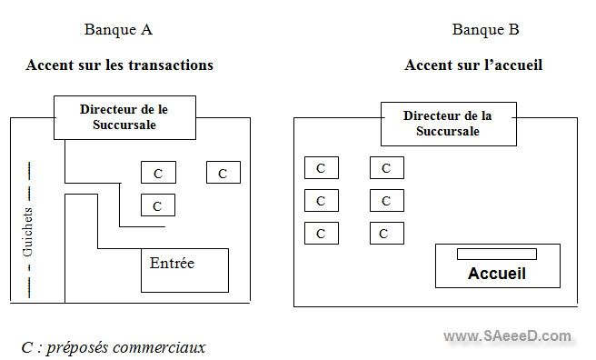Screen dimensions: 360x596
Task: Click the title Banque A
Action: coord(118,30)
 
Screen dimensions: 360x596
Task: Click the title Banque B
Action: coord(486,30)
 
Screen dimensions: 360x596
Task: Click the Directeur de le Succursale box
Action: coord(124,116)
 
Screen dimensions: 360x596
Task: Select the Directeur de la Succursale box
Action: coord(448,124)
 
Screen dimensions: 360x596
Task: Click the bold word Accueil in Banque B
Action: coord(497,273)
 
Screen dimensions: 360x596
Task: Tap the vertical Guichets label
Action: coord(28,234)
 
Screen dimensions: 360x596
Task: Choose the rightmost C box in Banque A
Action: coord(223,173)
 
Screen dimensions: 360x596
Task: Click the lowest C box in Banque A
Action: coord(158,205)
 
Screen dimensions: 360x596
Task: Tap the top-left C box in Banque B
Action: coord(321,168)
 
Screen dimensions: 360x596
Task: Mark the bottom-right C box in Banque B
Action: coord(386,234)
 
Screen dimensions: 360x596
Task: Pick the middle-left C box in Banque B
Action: coord(321,201)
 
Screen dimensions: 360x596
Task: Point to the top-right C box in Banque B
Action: coord(386,168)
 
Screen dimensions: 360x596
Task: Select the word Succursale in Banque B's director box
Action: coord(448,132)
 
